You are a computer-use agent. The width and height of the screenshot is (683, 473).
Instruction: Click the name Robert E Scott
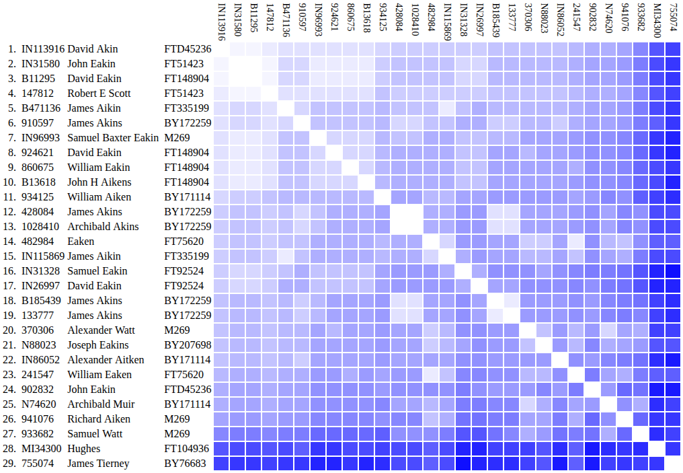pyautogui.click(x=99, y=94)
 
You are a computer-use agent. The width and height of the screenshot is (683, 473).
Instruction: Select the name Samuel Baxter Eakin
pyautogui.click(x=113, y=138)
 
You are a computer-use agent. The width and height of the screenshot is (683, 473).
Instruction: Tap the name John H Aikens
pyautogui.click(x=99, y=182)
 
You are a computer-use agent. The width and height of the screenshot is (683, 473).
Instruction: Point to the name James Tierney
pyautogui.click(x=98, y=464)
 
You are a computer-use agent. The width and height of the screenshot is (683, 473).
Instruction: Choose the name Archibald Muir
pyautogui.click(x=101, y=404)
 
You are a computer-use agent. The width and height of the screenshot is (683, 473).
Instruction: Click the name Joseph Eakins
pyautogui.click(x=98, y=345)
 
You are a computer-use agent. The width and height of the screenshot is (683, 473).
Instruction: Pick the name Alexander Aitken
pyautogui.click(x=106, y=360)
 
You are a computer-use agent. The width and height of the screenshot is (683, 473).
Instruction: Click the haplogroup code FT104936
pyautogui.click(x=187, y=449)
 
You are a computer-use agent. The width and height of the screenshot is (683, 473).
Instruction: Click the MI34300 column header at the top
pyautogui.click(x=657, y=21)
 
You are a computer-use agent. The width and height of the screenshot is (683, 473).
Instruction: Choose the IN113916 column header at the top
pyautogui.click(x=221, y=21)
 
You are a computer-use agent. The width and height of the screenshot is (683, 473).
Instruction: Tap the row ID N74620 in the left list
pyautogui.click(x=39, y=404)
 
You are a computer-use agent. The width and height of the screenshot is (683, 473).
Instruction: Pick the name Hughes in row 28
pyautogui.click(x=83, y=449)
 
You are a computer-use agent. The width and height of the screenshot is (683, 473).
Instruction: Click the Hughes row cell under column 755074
pyautogui.click(x=673, y=449)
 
